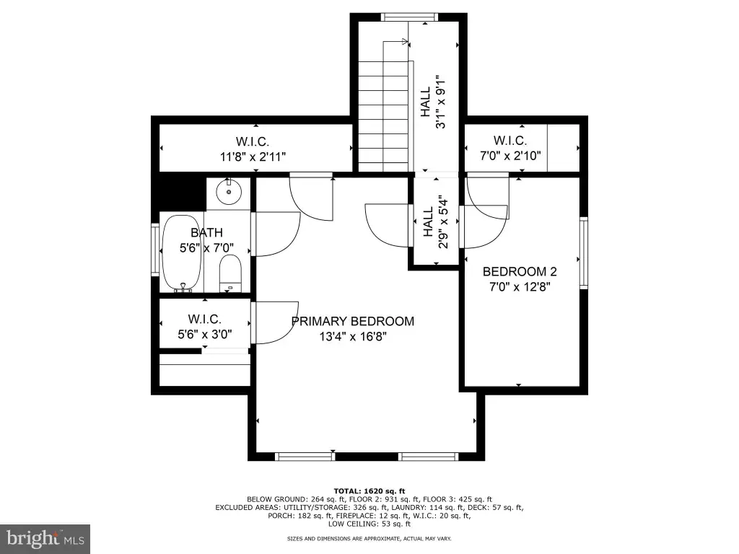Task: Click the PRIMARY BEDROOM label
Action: pyautogui.click(x=352, y=321)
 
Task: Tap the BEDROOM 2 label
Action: pyautogui.click(x=520, y=271)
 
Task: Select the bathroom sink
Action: pyautogui.click(x=229, y=191)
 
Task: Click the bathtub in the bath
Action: pyautogui.click(x=182, y=253)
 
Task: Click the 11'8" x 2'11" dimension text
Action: pyautogui.click(x=253, y=157)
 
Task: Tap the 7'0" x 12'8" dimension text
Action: pyautogui.click(x=520, y=286)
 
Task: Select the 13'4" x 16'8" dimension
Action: pyautogui.click(x=353, y=336)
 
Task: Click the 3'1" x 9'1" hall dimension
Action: pyautogui.click(x=440, y=101)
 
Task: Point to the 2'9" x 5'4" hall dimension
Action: pyautogui.click(x=443, y=222)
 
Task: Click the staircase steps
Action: pyautogui.click(x=382, y=116)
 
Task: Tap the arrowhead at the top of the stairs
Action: pyautogui.click(x=405, y=41)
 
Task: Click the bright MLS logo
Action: pyautogui.click(x=45, y=539)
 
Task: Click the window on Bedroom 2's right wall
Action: pyautogui.click(x=583, y=253)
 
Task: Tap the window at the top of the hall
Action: pyautogui.click(x=410, y=17)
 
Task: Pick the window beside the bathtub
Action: pyautogui.click(x=155, y=249)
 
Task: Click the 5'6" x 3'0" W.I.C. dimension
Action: pyautogui.click(x=204, y=335)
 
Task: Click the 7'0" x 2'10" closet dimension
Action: pyautogui.click(x=510, y=156)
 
